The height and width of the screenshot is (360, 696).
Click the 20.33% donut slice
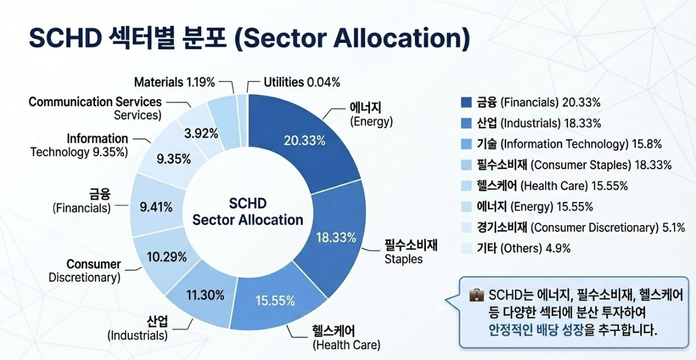pos(305,141)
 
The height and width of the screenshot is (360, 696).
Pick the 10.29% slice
pos(166,257)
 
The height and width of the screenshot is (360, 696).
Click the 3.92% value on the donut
pos(201,134)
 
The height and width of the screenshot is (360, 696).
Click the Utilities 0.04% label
pos(302,82)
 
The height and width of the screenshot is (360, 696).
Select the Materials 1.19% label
pos(174,82)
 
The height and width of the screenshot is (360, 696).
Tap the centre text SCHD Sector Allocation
pos(248,212)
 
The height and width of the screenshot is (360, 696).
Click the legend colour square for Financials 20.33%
pos(466,102)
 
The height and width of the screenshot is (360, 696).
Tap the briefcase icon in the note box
pos(476,295)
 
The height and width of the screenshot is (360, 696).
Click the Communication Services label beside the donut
pos(95,107)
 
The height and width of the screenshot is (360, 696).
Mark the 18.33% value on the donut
pos(336,238)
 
